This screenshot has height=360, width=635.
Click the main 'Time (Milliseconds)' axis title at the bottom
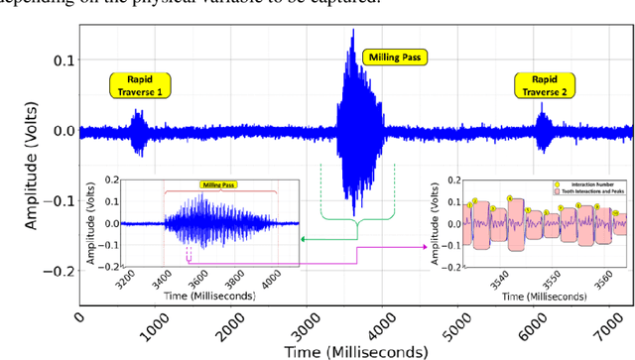[x=354, y=351]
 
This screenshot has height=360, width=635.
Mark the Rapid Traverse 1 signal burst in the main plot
[x=140, y=129]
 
